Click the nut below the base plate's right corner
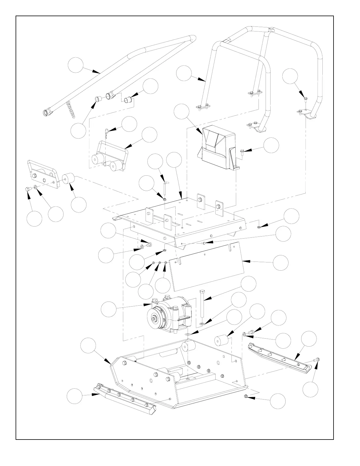246,397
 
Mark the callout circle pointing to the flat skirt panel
281,263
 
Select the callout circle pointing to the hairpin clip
129,124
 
